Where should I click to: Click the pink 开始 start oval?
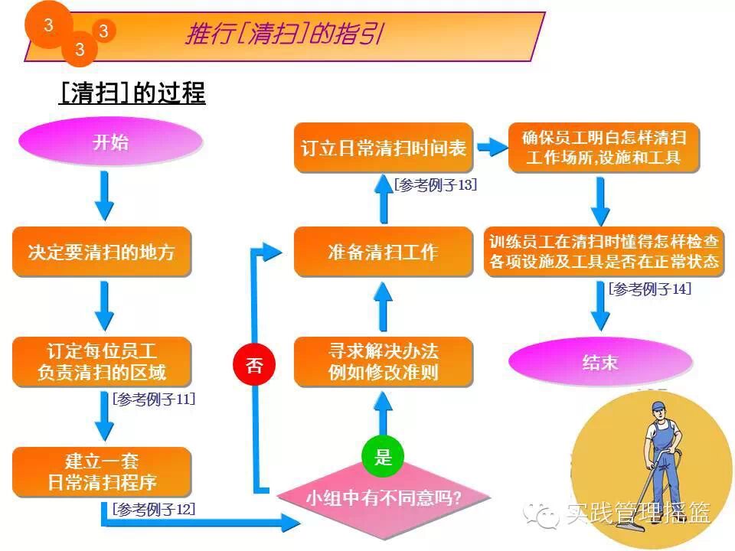point(111,143)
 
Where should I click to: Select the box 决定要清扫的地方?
point(101,251)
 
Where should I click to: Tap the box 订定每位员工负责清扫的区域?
point(101,362)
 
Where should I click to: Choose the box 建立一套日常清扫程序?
point(101,472)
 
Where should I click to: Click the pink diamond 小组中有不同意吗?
point(384,498)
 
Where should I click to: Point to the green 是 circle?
point(383,458)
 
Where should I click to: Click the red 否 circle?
point(254,365)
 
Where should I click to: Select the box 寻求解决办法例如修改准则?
point(383,362)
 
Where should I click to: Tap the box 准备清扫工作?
point(383,252)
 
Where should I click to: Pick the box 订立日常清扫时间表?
point(383,148)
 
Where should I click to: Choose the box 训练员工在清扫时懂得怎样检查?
point(604,252)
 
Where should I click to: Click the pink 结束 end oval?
point(600,362)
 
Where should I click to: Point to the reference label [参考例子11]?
point(153,399)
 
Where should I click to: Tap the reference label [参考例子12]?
point(153,509)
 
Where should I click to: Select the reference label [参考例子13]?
point(436,185)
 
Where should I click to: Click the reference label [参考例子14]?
point(650,289)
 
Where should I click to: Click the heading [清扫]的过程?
point(132,93)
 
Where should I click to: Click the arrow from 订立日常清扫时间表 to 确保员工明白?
point(488,148)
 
